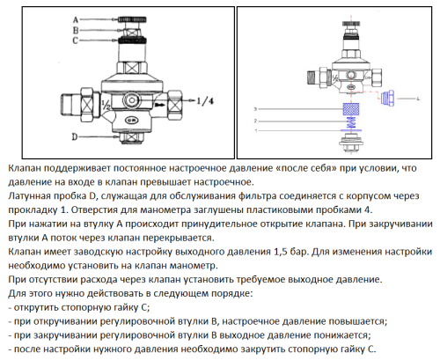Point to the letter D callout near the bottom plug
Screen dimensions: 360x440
coord(77,136)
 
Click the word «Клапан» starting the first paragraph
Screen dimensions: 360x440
coord(24,168)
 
